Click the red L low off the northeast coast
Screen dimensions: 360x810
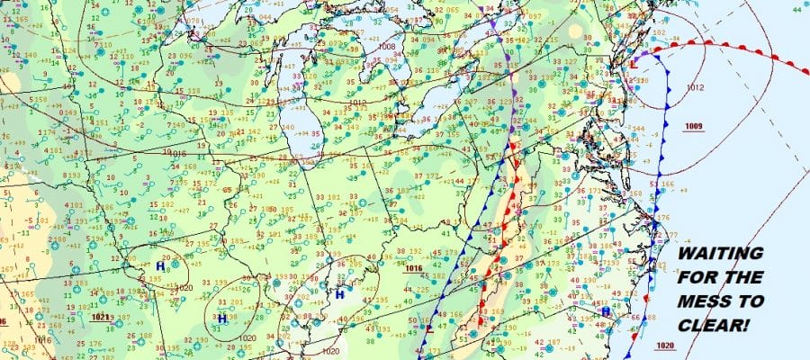click(634, 65)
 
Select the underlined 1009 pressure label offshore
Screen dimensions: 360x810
click(694, 125)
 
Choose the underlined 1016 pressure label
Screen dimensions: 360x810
click(414, 268)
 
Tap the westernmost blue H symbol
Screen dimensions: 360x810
click(160, 266)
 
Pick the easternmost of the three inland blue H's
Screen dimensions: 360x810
click(340, 294)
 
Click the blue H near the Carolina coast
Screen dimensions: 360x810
click(605, 310)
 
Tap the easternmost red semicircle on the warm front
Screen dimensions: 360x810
click(773, 56)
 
